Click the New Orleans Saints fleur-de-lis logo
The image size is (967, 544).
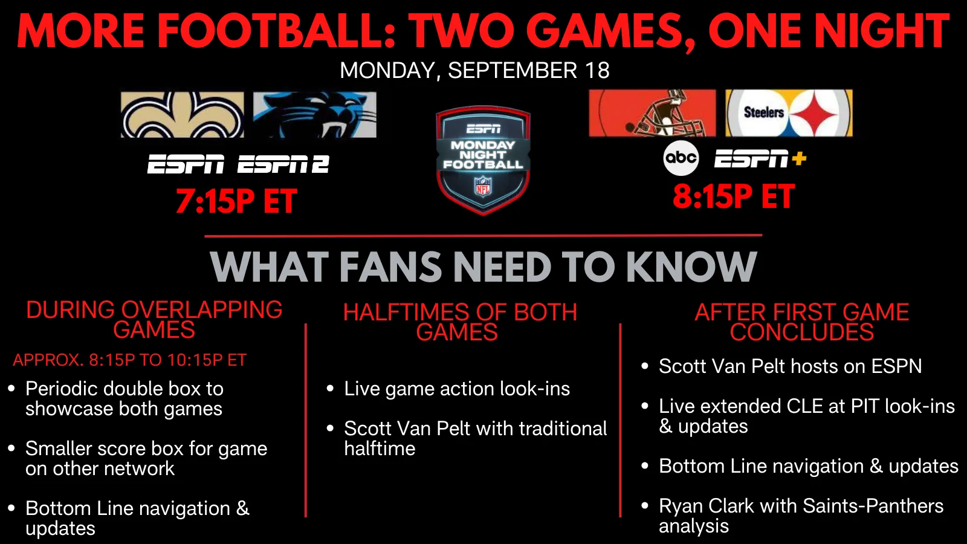coord(182,115)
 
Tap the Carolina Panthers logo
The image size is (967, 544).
coord(315,115)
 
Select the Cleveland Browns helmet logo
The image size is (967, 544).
coord(652,113)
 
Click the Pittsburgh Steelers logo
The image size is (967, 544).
coord(789,113)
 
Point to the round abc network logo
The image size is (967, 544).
coord(681,158)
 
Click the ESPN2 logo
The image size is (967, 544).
coord(283,164)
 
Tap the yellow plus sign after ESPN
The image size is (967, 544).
coord(799,158)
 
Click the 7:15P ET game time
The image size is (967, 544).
coord(236,201)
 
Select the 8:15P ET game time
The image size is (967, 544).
coord(734,196)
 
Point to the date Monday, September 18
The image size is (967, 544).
coord(475,70)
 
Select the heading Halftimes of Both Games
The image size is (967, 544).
coord(460,322)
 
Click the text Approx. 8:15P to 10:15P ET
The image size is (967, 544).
coord(129,360)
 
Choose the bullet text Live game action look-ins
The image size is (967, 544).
coord(457,389)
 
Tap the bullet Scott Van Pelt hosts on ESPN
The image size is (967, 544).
coord(790,366)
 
